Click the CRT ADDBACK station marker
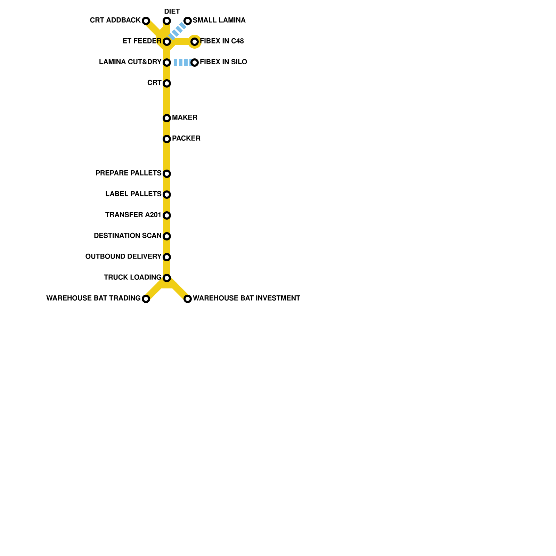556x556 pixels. click(146, 21)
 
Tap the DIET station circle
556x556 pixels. click(167, 21)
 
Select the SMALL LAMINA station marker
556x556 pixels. click(188, 21)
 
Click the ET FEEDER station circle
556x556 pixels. click(167, 42)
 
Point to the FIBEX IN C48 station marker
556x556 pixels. click(195, 42)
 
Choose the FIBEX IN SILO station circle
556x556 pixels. click(195, 63)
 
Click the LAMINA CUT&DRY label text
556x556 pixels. click(130, 62)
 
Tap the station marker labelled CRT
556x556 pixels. click(167, 83)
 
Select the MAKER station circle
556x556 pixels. click(167, 118)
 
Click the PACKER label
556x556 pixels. click(186, 139)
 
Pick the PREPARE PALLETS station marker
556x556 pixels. click(167, 174)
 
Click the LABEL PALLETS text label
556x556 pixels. click(133, 194)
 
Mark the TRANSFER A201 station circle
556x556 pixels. click(167, 215)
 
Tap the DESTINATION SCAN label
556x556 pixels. click(128, 236)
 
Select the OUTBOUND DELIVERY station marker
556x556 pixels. click(167, 257)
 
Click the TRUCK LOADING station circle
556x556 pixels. click(167, 278)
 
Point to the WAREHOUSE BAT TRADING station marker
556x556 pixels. click(146, 299)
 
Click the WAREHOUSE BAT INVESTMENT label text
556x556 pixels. click(246, 299)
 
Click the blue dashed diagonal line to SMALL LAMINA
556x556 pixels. click(178, 31)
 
